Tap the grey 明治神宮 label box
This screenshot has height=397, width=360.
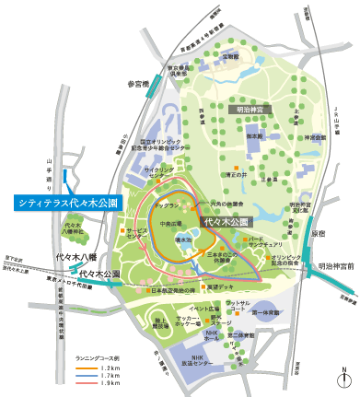249,109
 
